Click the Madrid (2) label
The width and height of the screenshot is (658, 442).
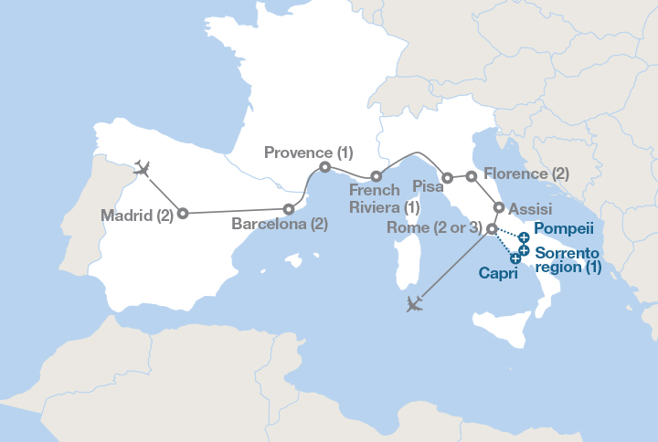(x=136, y=216)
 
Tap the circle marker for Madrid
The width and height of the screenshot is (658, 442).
(x=183, y=213)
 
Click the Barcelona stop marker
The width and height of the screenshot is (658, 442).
(x=290, y=209)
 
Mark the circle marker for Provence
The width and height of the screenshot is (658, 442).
(x=325, y=167)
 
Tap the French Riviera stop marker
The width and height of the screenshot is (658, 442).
(x=376, y=175)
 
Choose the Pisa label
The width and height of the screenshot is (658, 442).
(x=429, y=186)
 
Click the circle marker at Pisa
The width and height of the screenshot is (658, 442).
(x=448, y=178)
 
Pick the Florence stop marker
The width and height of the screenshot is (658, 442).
(x=472, y=175)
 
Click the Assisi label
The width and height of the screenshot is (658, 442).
(x=530, y=209)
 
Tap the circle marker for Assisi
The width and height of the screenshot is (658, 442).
(x=499, y=207)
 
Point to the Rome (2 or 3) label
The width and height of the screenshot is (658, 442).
(x=433, y=227)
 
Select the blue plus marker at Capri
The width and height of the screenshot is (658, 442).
(x=515, y=259)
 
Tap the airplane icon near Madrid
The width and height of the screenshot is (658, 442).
(x=141, y=168)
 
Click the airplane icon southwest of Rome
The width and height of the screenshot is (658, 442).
(x=415, y=304)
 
